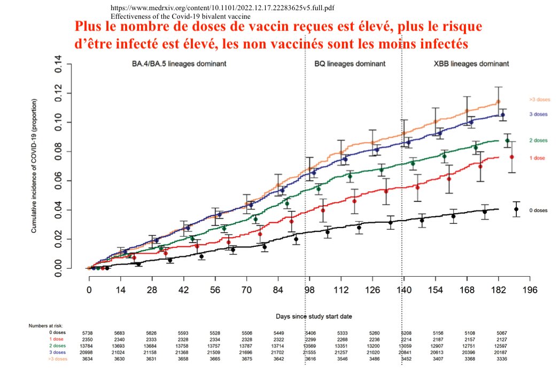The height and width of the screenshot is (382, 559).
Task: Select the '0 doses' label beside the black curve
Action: click(x=538, y=211)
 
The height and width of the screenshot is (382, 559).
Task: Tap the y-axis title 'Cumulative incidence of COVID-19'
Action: click(x=34, y=166)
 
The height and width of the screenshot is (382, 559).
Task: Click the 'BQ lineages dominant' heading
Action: click(x=350, y=64)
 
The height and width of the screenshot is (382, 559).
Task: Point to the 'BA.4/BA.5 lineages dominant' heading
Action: click(x=179, y=64)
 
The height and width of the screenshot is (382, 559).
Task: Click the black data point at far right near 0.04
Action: click(x=516, y=209)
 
